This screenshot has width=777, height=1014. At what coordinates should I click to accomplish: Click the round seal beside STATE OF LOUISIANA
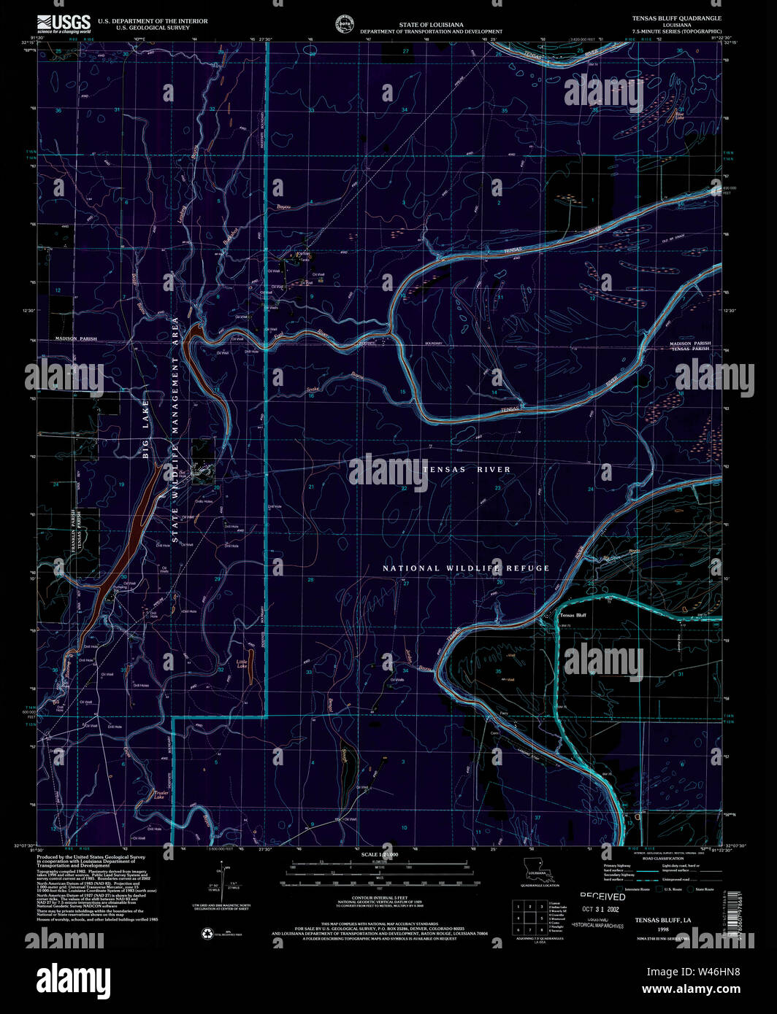(x=342, y=23)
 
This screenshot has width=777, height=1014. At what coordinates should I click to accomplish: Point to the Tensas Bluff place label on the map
(x=573, y=615)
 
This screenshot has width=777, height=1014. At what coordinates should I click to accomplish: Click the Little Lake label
(x=242, y=664)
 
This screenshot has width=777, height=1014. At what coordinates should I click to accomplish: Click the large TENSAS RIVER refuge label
(x=466, y=469)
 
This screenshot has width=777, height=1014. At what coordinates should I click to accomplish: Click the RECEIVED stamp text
(x=602, y=897)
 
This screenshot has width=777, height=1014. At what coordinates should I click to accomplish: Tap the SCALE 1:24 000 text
(x=379, y=854)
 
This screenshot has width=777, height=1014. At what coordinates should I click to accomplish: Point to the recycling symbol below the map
(x=207, y=932)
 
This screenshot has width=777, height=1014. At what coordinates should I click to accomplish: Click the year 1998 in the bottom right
(x=662, y=929)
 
